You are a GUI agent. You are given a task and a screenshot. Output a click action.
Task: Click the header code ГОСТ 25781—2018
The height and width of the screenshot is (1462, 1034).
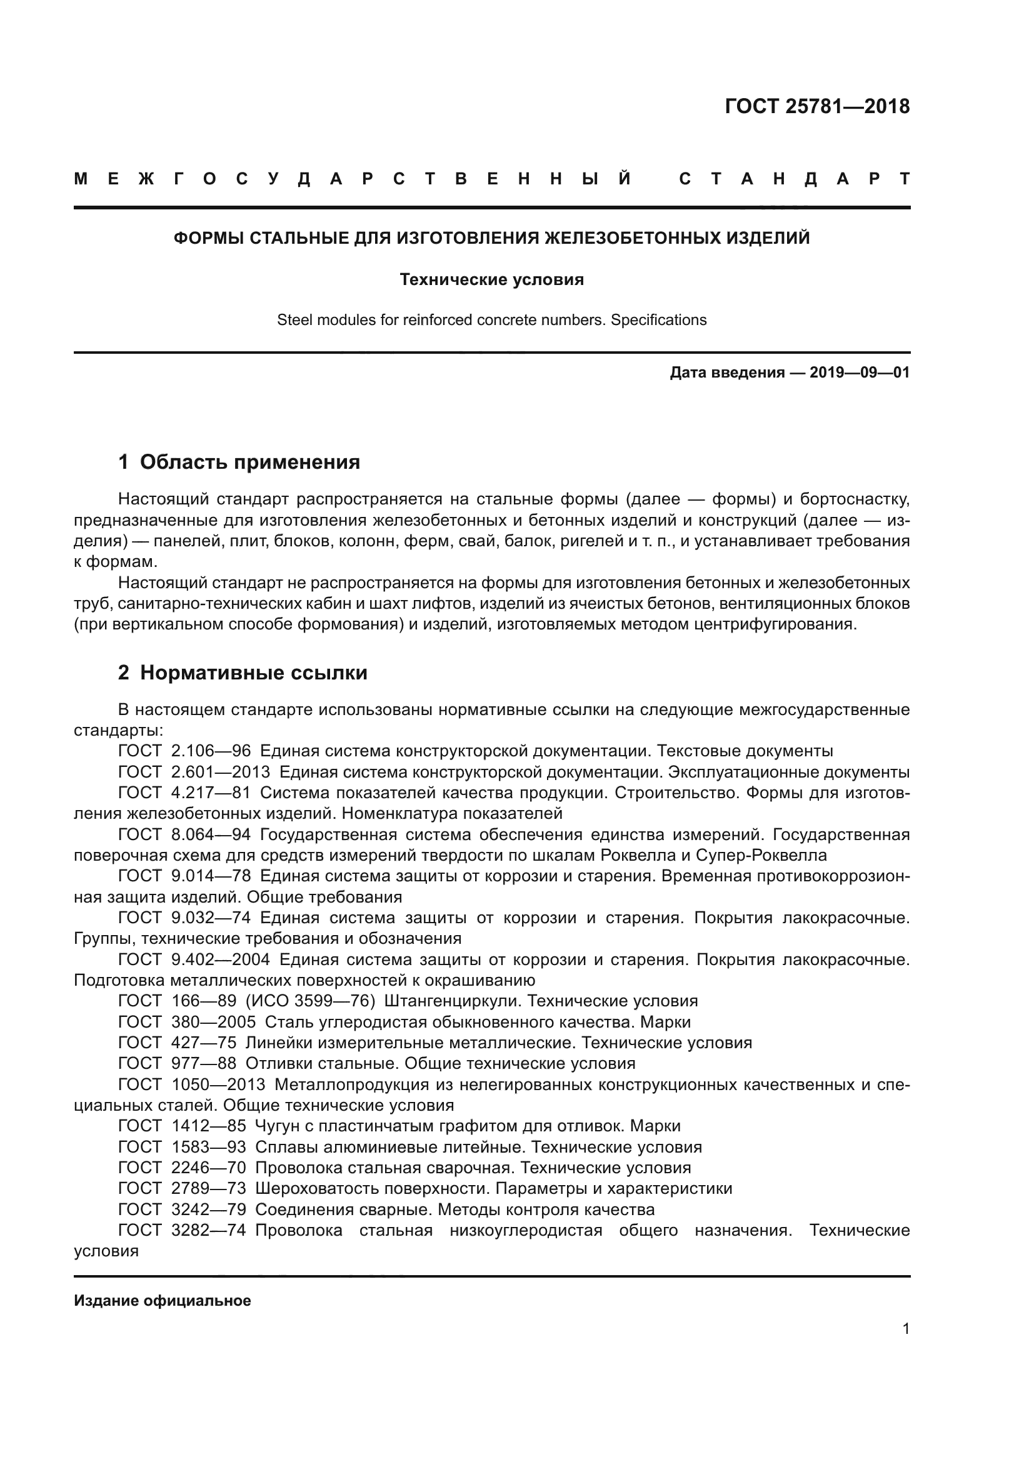pyautogui.click(x=817, y=106)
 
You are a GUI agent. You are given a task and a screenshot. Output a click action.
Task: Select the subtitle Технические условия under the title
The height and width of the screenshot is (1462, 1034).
pyautogui.click(x=491, y=279)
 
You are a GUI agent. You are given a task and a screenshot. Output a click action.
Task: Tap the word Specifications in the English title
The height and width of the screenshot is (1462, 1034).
pyautogui.click(x=658, y=319)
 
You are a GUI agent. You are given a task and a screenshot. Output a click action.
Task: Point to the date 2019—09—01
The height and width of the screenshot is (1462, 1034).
pyautogui.click(x=860, y=373)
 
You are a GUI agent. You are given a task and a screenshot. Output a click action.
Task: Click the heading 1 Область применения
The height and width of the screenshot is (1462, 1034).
pyautogui.click(x=239, y=462)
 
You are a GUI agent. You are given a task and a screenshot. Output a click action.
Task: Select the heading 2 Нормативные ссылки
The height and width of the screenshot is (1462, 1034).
pyautogui.click(x=243, y=673)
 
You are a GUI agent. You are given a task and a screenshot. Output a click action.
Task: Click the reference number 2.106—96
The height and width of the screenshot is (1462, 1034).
pyautogui.click(x=211, y=751)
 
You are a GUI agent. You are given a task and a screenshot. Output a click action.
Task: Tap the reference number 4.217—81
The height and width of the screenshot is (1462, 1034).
pyautogui.click(x=211, y=793)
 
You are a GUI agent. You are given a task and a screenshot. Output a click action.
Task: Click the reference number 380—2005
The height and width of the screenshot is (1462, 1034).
pyautogui.click(x=213, y=1022)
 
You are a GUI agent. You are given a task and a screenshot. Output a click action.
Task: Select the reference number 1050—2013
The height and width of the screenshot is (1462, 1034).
pyautogui.click(x=218, y=1084)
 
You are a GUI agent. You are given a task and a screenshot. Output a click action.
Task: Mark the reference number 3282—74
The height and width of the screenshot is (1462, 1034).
pyautogui.click(x=208, y=1230)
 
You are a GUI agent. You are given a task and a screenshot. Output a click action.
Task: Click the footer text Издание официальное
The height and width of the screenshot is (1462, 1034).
pyautogui.click(x=163, y=1301)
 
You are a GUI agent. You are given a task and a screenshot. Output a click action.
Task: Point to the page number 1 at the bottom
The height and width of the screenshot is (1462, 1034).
pyautogui.click(x=906, y=1328)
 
